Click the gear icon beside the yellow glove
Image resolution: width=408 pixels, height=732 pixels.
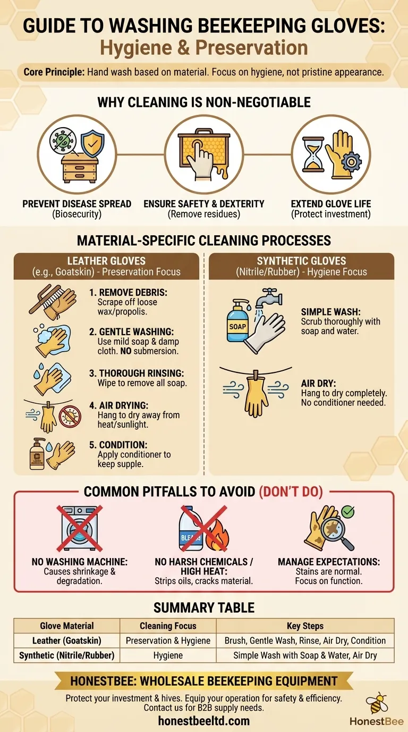[x=351, y=161]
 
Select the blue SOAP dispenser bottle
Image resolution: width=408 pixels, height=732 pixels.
[x=237, y=322]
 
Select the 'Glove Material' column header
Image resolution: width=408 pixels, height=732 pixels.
[x=67, y=626]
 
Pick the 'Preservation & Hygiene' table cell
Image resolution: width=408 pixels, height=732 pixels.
[x=168, y=640]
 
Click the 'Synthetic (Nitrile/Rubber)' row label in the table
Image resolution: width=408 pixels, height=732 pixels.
[x=67, y=655]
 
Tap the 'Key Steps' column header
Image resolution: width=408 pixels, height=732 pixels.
[x=305, y=626]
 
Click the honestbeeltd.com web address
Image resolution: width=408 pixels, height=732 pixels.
[x=204, y=721]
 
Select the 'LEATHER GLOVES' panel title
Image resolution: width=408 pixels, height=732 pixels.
[x=106, y=261]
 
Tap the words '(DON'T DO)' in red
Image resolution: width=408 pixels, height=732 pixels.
[x=291, y=491]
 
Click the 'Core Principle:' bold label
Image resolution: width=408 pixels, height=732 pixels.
[x=54, y=72]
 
